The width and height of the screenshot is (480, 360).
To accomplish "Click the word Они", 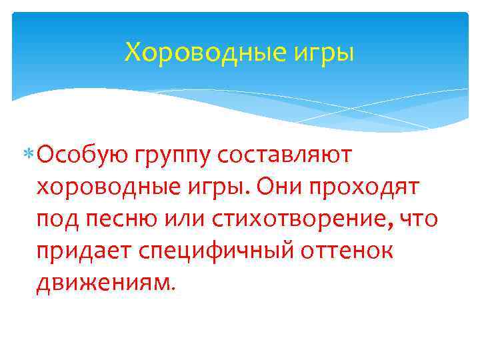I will click(x=275, y=187).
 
